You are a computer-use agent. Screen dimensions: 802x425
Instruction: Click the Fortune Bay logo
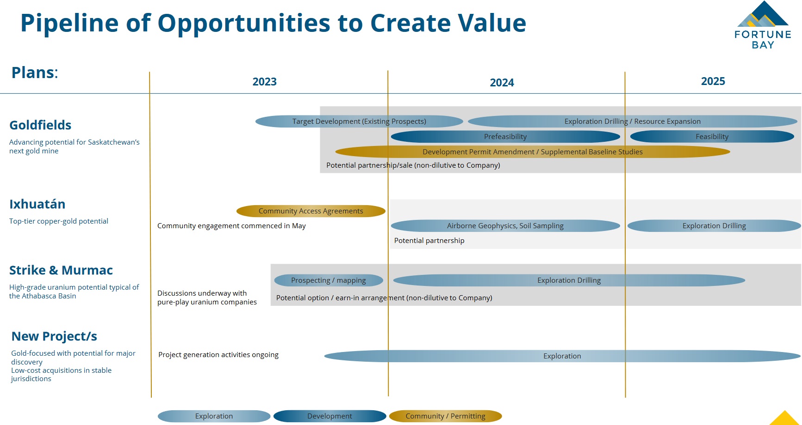click(763, 25)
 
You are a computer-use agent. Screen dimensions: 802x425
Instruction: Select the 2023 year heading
click(264, 82)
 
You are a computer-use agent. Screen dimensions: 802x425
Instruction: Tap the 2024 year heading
click(502, 83)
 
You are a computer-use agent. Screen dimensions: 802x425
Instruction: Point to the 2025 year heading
click(713, 81)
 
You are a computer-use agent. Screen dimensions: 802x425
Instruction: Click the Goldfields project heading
click(40, 125)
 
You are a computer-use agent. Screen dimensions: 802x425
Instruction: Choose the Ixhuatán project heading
click(37, 204)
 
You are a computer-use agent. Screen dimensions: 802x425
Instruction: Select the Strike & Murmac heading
click(61, 270)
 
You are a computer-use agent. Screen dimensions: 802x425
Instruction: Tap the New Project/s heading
click(54, 336)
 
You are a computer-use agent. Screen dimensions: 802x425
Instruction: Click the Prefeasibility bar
click(505, 137)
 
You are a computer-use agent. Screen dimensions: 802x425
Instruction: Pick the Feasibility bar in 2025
click(712, 137)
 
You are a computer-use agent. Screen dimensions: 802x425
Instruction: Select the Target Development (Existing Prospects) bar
click(359, 121)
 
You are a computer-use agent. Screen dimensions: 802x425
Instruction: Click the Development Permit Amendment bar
click(532, 152)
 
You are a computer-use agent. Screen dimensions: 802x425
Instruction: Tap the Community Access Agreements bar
click(311, 211)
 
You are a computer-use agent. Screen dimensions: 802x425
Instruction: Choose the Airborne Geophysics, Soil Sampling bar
click(505, 226)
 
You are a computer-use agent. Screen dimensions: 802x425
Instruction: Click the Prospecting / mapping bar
click(329, 280)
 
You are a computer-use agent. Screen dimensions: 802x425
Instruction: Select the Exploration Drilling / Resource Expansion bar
click(633, 121)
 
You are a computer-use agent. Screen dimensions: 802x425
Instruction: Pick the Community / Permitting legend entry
click(445, 416)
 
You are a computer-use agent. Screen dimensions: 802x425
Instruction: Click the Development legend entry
click(330, 416)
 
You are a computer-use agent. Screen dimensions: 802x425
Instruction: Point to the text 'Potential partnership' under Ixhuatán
click(429, 241)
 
